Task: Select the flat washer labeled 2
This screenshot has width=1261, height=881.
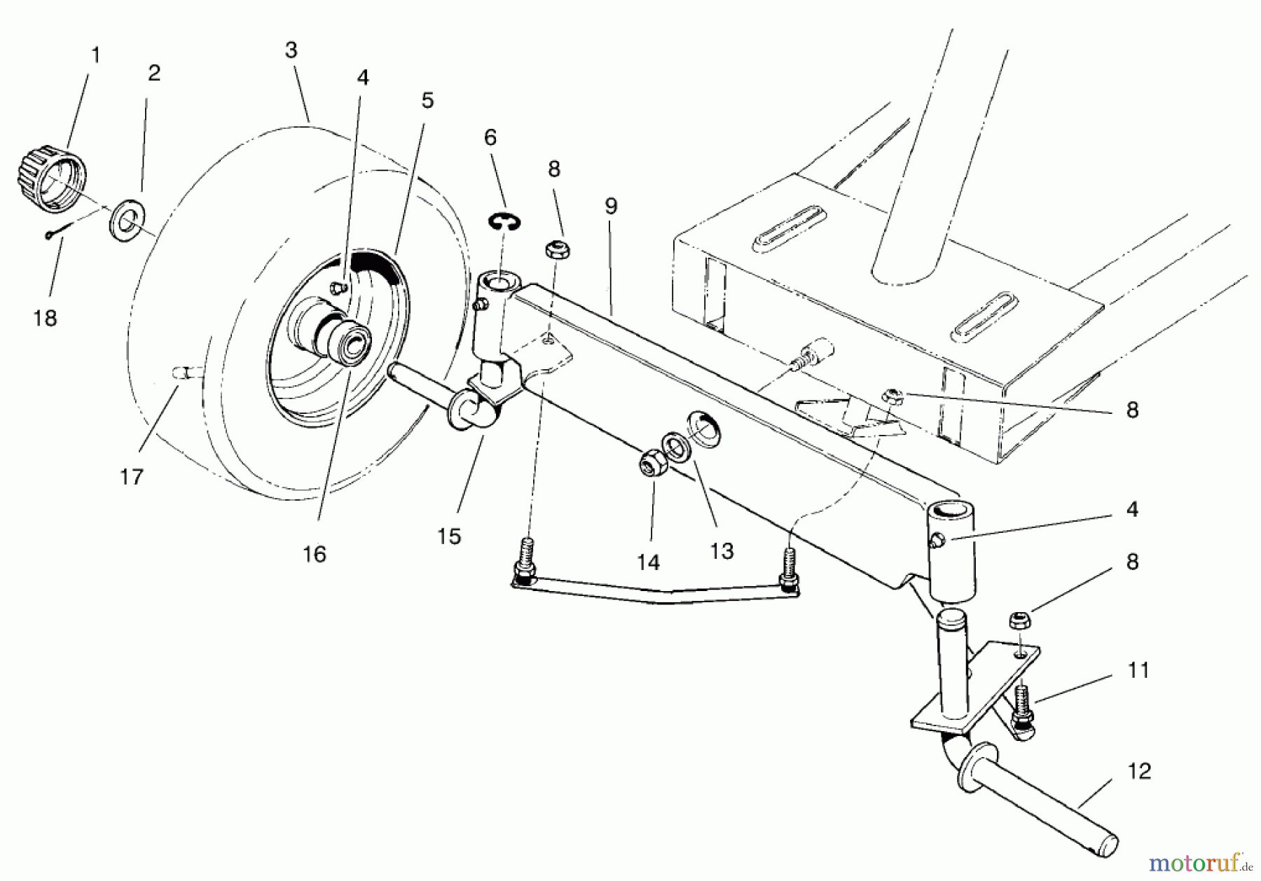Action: click(126, 217)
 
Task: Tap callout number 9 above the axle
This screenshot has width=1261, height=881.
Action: click(611, 207)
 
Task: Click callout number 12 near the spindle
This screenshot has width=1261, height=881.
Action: click(1139, 771)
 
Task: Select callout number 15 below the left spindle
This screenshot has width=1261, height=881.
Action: click(450, 536)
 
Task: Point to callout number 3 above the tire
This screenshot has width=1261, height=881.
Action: click(291, 50)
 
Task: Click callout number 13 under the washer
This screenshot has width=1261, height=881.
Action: click(722, 551)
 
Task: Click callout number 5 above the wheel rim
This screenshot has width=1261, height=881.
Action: click(427, 101)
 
